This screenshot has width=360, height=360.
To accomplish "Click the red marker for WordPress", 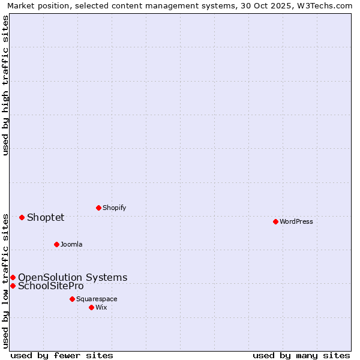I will (x=275, y=221).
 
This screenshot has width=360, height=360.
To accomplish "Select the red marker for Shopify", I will (x=98, y=208).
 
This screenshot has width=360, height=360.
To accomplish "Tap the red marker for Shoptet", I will (x=22, y=217).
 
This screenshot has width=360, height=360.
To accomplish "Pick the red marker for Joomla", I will (x=56, y=244).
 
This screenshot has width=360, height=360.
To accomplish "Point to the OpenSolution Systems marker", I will (x=13, y=277).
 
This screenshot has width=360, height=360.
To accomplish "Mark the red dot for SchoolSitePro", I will (x=13, y=286).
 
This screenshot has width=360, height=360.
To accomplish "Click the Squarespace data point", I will (x=72, y=299).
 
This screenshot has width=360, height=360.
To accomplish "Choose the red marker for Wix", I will (x=91, y=307).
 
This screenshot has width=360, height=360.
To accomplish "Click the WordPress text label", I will (x=296, y=221).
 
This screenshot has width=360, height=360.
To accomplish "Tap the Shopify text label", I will (x=114, y=208).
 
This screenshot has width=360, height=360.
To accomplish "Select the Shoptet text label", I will (x=46, y=217).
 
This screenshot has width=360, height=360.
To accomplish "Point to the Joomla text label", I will (x=71, y=244).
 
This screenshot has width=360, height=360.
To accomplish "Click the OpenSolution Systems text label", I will (x=73, y=277).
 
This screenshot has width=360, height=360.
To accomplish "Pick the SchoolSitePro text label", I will (x=51, y=286).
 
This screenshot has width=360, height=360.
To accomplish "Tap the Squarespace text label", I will (x=97, y=299).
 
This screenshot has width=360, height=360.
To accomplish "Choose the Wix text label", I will (x=101, y=307).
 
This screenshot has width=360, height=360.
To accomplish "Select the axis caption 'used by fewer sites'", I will (x=62, y=355).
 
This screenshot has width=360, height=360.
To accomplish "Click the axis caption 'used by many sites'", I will (x=301, y=355).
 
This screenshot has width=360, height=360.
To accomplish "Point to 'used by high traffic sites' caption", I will (x=5, y=85).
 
